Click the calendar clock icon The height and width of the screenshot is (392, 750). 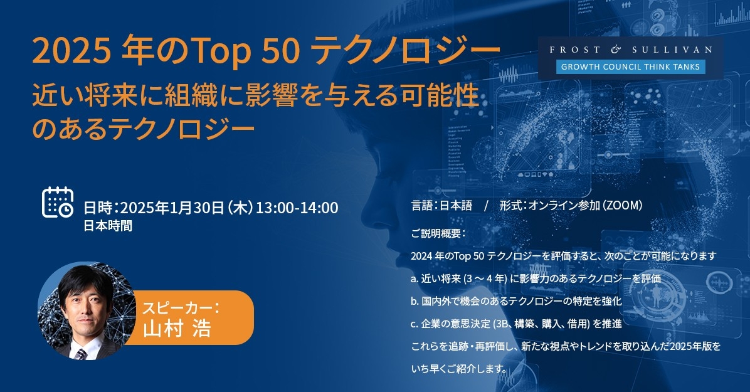(58, 202)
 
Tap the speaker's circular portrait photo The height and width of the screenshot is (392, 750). (87, 311)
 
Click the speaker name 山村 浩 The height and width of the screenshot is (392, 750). (177, 329)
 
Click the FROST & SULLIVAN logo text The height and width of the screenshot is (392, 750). (630, 50)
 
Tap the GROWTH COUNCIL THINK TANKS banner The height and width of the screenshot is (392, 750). (630, 66)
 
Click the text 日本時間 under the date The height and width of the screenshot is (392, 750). (108, 226)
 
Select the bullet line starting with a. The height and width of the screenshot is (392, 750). (536, 278)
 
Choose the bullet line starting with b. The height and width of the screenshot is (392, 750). (516, 301)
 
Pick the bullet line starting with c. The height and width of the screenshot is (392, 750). (516, 324)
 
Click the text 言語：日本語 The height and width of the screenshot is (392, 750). (441, 205)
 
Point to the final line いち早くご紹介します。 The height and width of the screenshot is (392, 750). (458, 369)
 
